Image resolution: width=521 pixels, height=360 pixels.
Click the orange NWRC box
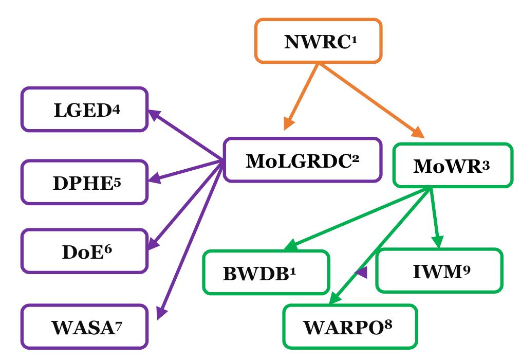click(x=318, y=41)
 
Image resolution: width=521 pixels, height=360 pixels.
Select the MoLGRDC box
click(x=302, y=160)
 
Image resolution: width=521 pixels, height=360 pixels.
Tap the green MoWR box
click(x=452, y=165)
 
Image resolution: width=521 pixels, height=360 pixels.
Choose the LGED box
click(x=85, y=110)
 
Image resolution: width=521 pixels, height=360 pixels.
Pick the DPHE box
click(x=85, y=182)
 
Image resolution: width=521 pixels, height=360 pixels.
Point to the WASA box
click(x=85, y=327)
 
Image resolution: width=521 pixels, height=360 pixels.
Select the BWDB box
click(x=266, y=273)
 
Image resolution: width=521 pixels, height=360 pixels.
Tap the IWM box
click(x=439, y=271)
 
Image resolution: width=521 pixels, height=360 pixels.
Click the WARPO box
click(x=350, y=327)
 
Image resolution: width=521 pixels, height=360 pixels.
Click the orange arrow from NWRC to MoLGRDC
click(x=302, y=96)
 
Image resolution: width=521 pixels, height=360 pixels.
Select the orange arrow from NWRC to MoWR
click(x=370, y=100)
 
